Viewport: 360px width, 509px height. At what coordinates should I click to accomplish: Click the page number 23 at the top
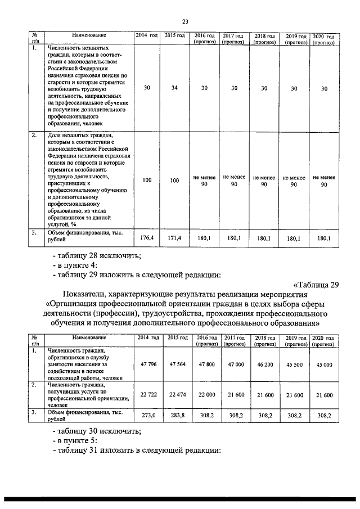point(185,21)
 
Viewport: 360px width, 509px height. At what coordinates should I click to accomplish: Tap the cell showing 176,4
point(147,238)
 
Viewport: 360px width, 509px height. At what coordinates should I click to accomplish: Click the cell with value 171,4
point(175,238)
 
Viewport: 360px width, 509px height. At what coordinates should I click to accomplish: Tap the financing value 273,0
point(147,415)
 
